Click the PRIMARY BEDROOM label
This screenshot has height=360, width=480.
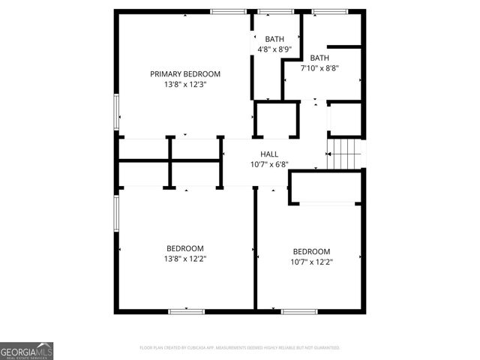pyautogui.click(x=185, y=73)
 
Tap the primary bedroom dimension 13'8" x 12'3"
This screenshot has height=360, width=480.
pyautogui.click(x=185, y=85)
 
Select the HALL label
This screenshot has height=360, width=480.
pyautogui.click(x=269, y=154)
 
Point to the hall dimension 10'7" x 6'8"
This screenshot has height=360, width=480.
pyautogui.click(x=269, y=164)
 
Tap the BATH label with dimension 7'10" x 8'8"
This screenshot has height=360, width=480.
pyautogui.click(x=319, y=58)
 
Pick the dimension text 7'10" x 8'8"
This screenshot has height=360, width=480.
pyautogui.click(x=319, y=68)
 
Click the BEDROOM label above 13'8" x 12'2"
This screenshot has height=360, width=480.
pyautogui.click(x=185, y=248)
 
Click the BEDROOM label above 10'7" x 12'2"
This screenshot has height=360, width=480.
pyautogui.click(x=311, y=251)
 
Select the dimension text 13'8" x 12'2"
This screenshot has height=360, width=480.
pyautogui.click(x=185, y=259)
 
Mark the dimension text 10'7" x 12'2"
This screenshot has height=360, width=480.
pyautogui.click(x=311, y=262)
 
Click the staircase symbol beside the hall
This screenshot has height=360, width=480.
pyautogui.click(x=345, y=154)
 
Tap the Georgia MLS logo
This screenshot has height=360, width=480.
pyautogui.click(x=27, y=351)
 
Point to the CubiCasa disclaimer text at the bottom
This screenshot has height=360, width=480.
pyautogui.click(x=240, y=348)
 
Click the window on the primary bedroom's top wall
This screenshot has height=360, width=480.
pyautogui.click(x=228, y=11)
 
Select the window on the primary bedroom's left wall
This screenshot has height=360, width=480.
pyautogui.click(x=115, y=112)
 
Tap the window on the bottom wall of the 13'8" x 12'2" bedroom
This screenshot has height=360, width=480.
pyautogui.click(x=186, y=311)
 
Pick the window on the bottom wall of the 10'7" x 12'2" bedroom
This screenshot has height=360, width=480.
pyautogui.click(x=299, y=311)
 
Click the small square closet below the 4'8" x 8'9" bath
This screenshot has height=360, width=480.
pyautogui.click(x=276, y=119)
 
